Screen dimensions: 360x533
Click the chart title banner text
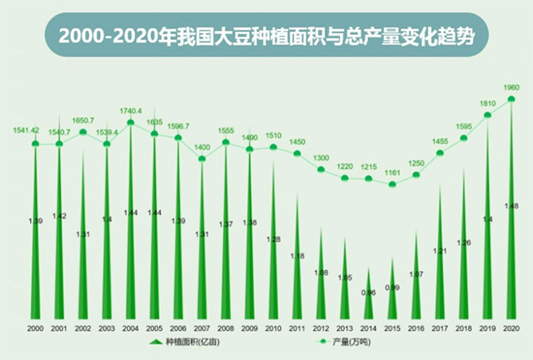tap(266, 35)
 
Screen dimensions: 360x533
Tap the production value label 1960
tap(512, 87)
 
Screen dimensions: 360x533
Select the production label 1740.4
tap(131, 111)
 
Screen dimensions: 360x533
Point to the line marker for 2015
tap(393, 184)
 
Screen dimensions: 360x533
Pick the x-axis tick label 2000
tap(36, 329)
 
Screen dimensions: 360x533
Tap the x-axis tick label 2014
tap(369, 329)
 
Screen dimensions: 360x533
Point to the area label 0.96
tap(369, 292)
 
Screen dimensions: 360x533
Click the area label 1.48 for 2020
tap(512, 206)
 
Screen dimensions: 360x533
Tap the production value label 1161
tap(393, 173)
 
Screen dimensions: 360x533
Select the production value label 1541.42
tap(27, 130)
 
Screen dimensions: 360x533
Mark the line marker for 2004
tap(131, 122)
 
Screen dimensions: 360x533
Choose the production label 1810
tap(488, 104)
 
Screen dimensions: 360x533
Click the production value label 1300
tap(321, 158)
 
